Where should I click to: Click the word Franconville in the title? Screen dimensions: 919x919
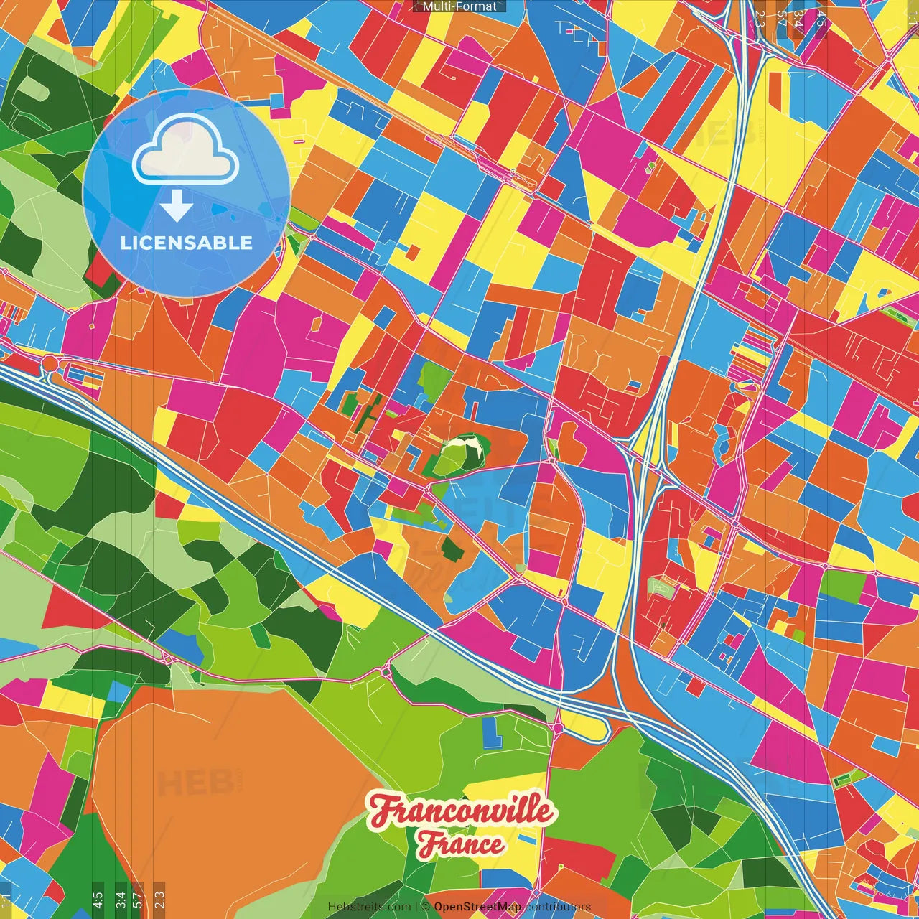pos(461,811)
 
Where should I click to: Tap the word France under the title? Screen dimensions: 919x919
pos(461,844)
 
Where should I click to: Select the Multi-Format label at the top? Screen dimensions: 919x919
pos(459,6)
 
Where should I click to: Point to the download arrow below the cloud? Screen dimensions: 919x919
pos(177,207)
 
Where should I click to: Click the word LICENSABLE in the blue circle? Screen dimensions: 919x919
pos(187,243)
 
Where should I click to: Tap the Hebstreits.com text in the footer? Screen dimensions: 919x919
pos(369,907)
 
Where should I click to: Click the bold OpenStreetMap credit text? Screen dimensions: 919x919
pos(477,907)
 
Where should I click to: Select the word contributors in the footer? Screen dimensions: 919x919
pos(557,907)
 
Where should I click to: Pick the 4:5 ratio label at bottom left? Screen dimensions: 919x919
pos(98,899)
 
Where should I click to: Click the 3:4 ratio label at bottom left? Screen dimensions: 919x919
pos(120,899)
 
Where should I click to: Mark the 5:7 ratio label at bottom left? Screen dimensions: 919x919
pos(139,899)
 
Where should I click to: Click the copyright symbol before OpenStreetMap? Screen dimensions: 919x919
pos(426,907)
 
